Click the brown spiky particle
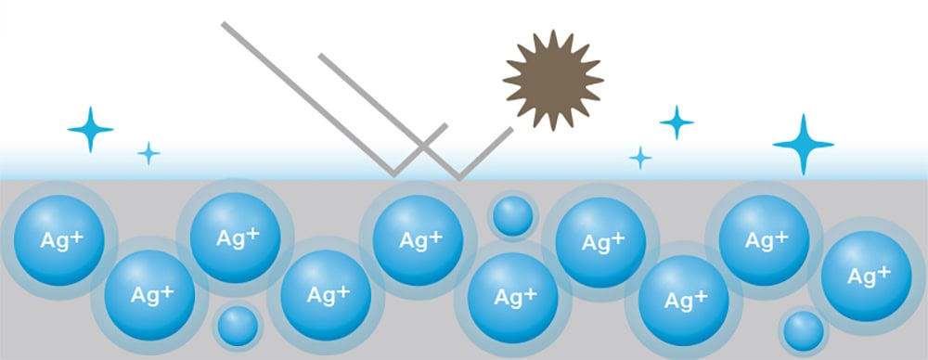click(x=553, y=80)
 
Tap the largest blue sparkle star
click(x=803, y=145)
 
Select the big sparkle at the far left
click(x=90, y=130)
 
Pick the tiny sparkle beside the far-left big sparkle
click(x=148, y=153)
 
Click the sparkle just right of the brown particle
click(x=677, y=122)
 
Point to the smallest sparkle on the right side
click(x=639, y=158)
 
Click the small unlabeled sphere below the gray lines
click(x=513, y=216)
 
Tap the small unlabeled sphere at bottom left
click(x=238, y=326)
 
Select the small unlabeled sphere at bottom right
click(x=804, y=331)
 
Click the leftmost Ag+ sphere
click(x=59, y=240)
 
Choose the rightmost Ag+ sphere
click(x=867, y=276)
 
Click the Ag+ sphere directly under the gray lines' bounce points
click(x=418, y=240)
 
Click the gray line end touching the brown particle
click(x=511, y=128)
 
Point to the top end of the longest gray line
click(x=223, y=24)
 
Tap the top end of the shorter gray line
click(x=320, y=56)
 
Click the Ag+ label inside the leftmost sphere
click(x=61, y=239)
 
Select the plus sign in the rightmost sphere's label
click(x=883, y=271)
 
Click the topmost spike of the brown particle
click(x=553, y=31)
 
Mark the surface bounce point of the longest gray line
click(x=394, y=175)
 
